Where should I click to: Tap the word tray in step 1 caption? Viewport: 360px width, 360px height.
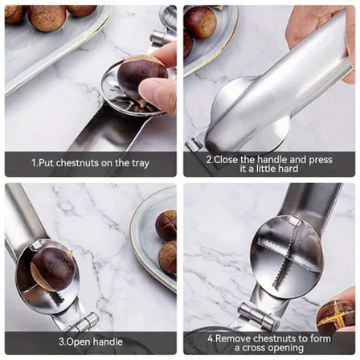tap(140, 163)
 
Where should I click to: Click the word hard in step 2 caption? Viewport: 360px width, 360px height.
tap(288, 169)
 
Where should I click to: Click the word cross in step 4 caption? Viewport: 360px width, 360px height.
tap(255, 348)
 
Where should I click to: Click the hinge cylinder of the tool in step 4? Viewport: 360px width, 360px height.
tap(256, 315)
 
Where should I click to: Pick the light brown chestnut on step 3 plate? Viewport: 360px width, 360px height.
tap(167, 258)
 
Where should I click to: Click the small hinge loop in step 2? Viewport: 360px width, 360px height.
tap(194, 144)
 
